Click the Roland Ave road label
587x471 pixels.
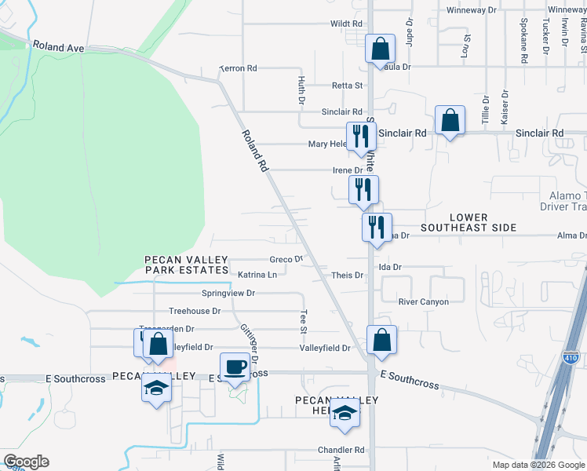pyautogui.click(x=59, y=47)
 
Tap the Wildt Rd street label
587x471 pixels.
pyautogui.click(x=346, y=24)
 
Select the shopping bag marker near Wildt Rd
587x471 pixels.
pyautogui.click(x=380, y=49)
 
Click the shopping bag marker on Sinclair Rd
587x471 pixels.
pyautogui.click(x=450, y=121)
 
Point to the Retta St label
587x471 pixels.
pyautogui.click(x=347, y=86)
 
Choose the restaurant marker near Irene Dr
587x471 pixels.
pyautogui.click(x=363, y=189)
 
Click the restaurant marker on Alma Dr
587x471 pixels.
pyautogui.click(x=377, y=228)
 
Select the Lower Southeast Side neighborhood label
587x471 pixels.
pyautogui.click(x=469, y=222)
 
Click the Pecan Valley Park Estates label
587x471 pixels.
pyautogui.click(x=186, y=265)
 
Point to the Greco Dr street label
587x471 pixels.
pyautogui.click(x=286, y=259)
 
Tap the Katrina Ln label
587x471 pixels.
pyautogui.click(x=258, y=275)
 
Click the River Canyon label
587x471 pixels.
pyautogui.click(x=424, y=301)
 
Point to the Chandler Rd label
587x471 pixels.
pyautogui.click(x=341, y=451)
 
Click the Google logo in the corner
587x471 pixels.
pyautogui.click(x=26, y=462)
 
